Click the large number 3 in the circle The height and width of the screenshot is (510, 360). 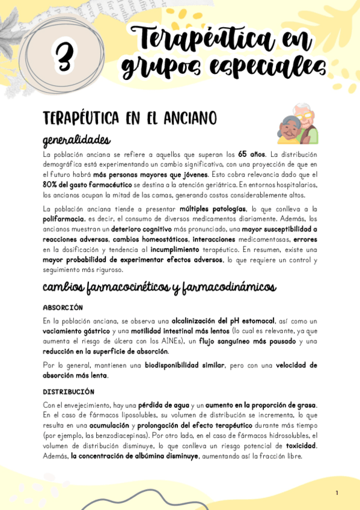coord(63,58)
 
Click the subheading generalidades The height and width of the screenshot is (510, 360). coord(76,140)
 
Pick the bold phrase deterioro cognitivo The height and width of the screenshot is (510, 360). coord(145,229)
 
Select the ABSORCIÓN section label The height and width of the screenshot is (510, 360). coord(63,307)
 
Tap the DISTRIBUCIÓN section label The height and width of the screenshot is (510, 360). coord(68,392)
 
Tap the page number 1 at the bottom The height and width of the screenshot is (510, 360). coord(337,493)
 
